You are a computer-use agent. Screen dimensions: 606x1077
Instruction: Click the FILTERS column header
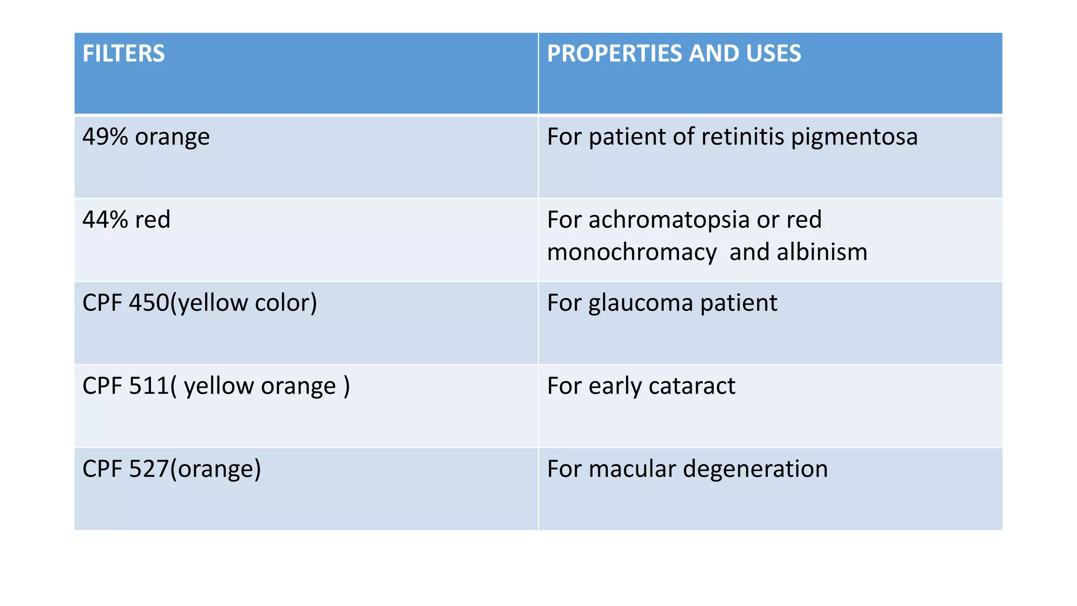pyautogui.click(x=124, y=54)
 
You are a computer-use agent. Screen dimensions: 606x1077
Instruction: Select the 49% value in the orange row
pyautogui.click(x=105, y=137)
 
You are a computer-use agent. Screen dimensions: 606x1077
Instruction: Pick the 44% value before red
pyautogui.click(x=105, y=220)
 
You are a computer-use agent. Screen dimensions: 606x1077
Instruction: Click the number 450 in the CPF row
pyautogui.click(x=149, y=303)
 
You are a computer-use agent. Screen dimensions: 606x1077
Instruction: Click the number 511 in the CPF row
pyautogui.click(x=149, y=386)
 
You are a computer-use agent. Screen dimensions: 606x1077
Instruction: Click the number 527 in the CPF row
pyautogui.click(x=149, y=469)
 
